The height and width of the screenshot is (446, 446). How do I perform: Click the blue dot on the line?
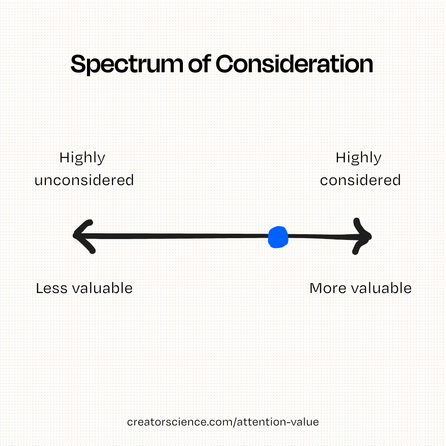[278, 237]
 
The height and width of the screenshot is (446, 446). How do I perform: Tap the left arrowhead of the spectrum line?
[83, 236]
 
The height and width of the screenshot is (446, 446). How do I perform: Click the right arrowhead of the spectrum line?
[362, 236]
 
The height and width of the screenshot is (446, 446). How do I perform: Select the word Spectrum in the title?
[127, 64]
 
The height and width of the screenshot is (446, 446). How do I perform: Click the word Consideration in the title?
[294, 64]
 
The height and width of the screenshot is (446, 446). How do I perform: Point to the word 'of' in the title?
[199, 63]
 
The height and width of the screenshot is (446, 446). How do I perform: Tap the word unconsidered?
[84, 180]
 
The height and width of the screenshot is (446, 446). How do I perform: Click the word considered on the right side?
[360, 180]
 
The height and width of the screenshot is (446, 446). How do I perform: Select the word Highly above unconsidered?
[82, 158]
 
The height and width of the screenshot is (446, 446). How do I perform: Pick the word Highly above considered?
[359, 158]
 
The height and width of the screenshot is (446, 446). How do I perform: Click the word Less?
[52, 288]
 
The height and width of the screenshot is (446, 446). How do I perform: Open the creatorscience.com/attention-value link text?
[223, 422]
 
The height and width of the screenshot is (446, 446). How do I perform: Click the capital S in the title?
[78, 64]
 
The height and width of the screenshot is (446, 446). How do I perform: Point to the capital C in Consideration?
[225, 64]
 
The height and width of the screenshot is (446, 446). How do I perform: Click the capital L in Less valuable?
[40, 288]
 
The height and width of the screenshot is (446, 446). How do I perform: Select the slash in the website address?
[235, 422]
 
